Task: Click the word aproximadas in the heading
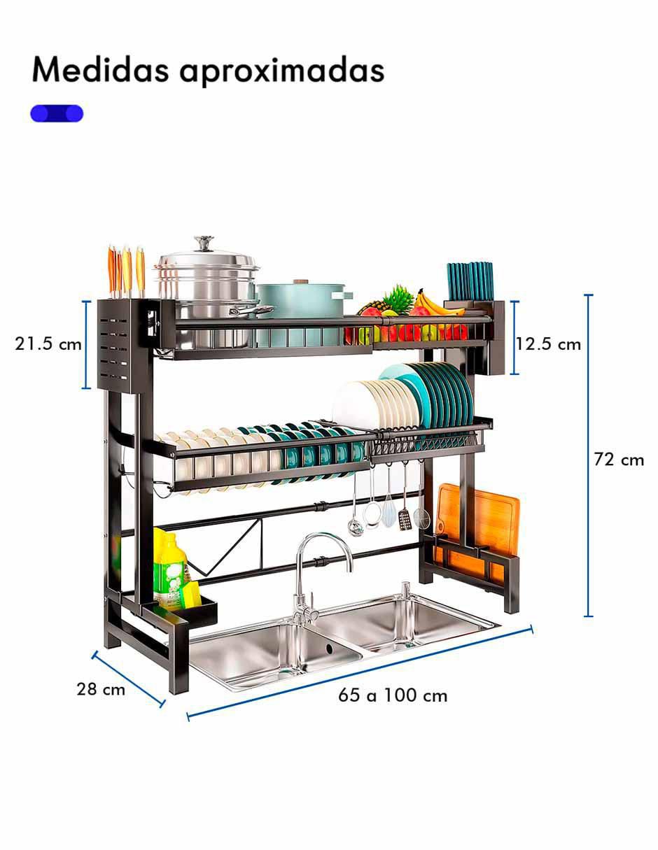click(x=282, y=72)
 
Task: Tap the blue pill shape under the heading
click(x=57, y=113)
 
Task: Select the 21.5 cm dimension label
click(x=48, y=344)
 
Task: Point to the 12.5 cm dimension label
click(x=548, y=344)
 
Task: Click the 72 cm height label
click(x=619, y=460)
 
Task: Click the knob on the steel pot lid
click(x=204, y=243)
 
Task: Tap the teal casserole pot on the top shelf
click(x=302, y=309)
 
